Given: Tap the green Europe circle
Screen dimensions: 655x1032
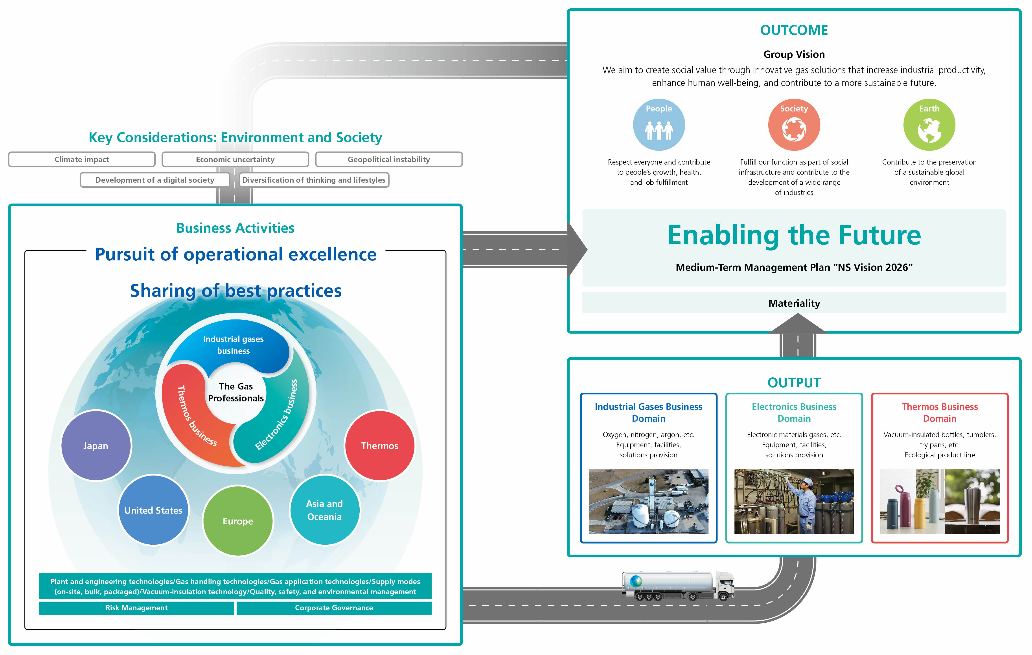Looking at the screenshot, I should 238,521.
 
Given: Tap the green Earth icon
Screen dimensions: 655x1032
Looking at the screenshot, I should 929,125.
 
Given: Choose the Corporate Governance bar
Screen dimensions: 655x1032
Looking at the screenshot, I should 334,608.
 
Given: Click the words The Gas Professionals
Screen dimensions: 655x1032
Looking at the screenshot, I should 236,392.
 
